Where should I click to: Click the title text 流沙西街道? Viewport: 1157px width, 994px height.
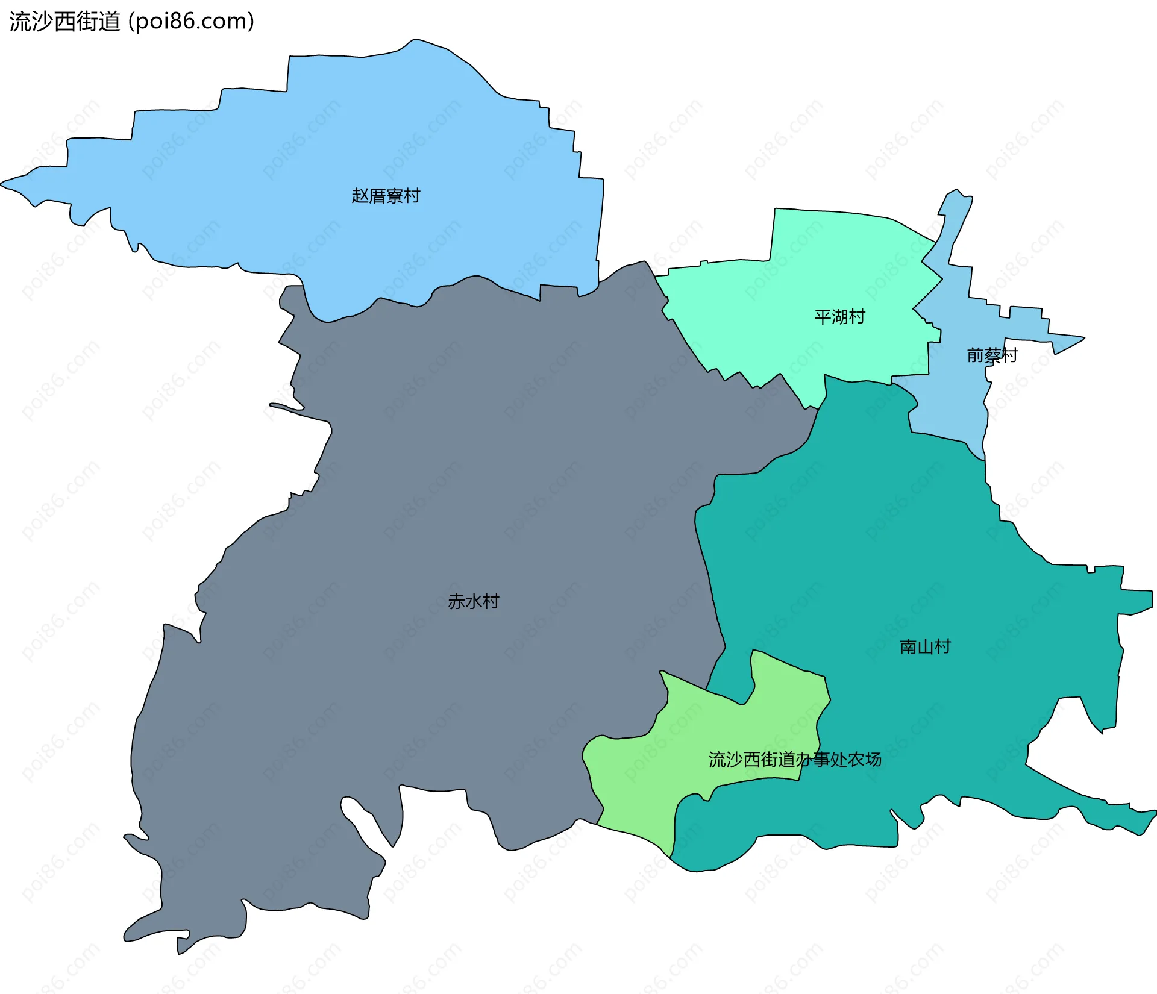(x=64, y=21)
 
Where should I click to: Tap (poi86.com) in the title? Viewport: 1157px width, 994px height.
(x=192, y=21)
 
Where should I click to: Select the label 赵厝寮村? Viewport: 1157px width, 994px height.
(x=386, y=196)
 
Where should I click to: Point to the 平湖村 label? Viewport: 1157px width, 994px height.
(x=839, y=316)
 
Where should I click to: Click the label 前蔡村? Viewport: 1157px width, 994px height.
(x=992, y=355)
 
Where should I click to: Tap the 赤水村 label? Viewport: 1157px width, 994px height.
(x=474, y=601)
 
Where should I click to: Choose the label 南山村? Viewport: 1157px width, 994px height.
(x=925, y=647)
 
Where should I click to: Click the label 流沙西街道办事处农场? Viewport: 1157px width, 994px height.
(x=795, y=760)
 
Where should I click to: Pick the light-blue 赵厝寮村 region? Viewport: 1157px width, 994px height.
(x=362, y=133)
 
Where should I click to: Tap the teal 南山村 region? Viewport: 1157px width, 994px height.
(x=904, y=542)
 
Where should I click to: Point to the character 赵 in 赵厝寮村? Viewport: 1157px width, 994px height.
(x=360, y=196)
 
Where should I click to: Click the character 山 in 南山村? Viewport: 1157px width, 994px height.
(x=925, y=647)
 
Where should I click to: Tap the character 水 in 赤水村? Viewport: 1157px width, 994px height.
(x=474, y=601)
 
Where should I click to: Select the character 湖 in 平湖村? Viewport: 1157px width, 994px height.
(x=839, y=316)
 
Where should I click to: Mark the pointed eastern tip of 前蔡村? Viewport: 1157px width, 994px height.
(x=1083, y=339)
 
